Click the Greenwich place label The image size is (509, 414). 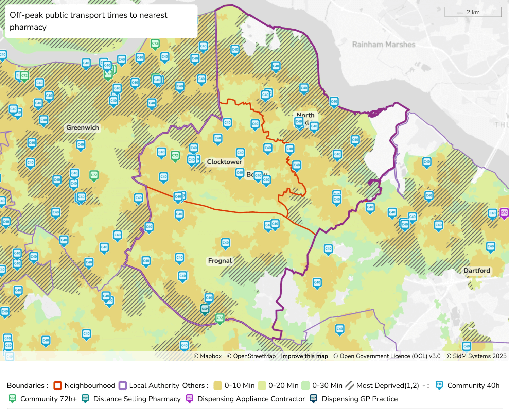tap(83, 127)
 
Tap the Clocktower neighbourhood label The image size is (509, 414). tap(224, 162)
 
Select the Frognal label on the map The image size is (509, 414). tap(220, 261)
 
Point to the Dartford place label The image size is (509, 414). tap(477, 271)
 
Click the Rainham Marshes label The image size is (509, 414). tap(384, 45)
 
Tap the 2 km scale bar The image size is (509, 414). tap(473, 12)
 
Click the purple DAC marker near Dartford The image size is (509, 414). tap(504, 213)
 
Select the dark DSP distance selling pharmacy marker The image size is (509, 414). tap(205, 309)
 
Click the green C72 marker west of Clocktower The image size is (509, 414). tap(175, 156)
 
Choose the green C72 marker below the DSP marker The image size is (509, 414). tap(220, 318)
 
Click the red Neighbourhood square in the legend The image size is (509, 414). tap(58, 385)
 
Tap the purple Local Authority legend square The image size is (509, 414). tap(123, 385)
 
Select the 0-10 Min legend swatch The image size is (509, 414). tap(217, 385)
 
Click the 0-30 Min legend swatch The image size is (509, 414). tap(305, 385)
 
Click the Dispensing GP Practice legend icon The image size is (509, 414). tap(314, 399)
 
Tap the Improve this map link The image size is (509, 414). tap(304, 356)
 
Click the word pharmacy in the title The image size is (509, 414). tap(28, 27)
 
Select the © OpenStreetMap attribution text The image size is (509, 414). tap(251, 356)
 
